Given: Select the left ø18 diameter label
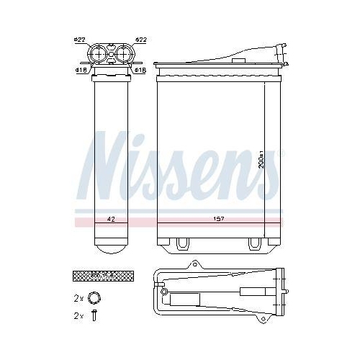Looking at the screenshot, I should (x=81, y=70).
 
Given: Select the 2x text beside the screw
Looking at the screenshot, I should (x=78, y=316).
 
